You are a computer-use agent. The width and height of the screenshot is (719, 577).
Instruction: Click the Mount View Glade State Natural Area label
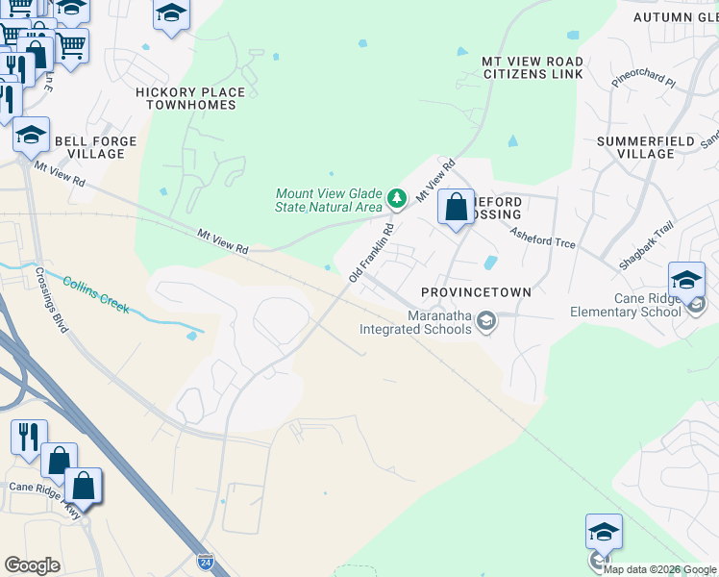pyautogui.click(x=329, y=200)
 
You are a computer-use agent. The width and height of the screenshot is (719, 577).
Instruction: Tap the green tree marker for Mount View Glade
pyautogui.click(x=396, y=199)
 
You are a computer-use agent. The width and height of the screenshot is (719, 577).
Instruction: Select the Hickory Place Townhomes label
pyautogui.click(x=190, y=98)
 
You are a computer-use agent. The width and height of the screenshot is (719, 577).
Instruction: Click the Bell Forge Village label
pyautogui.click(x=95, y=147)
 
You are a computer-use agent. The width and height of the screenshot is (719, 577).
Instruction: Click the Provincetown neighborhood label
pyautogui.click(x=476, y=291)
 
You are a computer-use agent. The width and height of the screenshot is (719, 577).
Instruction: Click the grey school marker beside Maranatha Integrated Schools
pyautogui.click(x=486, y=322)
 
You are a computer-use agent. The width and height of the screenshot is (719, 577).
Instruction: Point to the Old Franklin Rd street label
pyautogui.click(x=371, y=253)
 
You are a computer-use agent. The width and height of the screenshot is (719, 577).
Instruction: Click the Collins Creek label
pyautogui.click(x=96, y=294)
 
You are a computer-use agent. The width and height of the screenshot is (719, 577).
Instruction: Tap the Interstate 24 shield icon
pyautogui.click(x=205, y=560)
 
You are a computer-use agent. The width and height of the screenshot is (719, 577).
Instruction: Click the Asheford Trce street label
pyautogui.click(x=542, y=238)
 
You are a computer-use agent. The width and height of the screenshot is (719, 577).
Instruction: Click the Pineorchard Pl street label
pyautogui.click(x=644, y=78)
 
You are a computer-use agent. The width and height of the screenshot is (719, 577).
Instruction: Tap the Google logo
pyautogui.click(x=32, y=565)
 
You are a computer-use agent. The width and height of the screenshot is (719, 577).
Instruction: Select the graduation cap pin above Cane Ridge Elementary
pyautogui.click(x=686, y=280)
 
